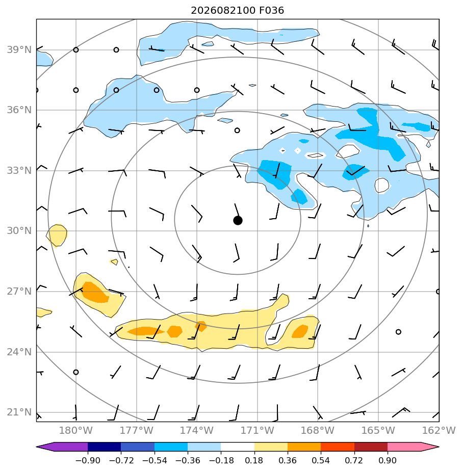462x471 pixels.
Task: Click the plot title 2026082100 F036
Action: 237,11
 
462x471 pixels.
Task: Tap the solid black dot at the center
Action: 238,221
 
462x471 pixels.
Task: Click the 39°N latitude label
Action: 19,49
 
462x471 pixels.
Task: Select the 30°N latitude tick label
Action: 19,231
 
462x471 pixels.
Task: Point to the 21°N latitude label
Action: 19,412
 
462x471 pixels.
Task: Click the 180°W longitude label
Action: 76,430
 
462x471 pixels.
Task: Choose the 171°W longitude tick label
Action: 258,430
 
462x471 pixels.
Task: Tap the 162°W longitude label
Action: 439,430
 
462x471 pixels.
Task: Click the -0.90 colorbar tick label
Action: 88,460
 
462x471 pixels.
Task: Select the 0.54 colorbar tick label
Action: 321,460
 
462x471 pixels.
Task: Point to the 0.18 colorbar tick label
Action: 254,460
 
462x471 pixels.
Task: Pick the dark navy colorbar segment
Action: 105,447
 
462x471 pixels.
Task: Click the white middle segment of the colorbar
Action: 238,447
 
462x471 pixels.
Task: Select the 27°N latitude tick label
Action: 19,292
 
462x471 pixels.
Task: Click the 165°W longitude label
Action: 378,430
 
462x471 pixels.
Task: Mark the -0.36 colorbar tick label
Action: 188,460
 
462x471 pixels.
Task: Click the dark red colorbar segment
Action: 371,447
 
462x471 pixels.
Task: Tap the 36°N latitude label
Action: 19,110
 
